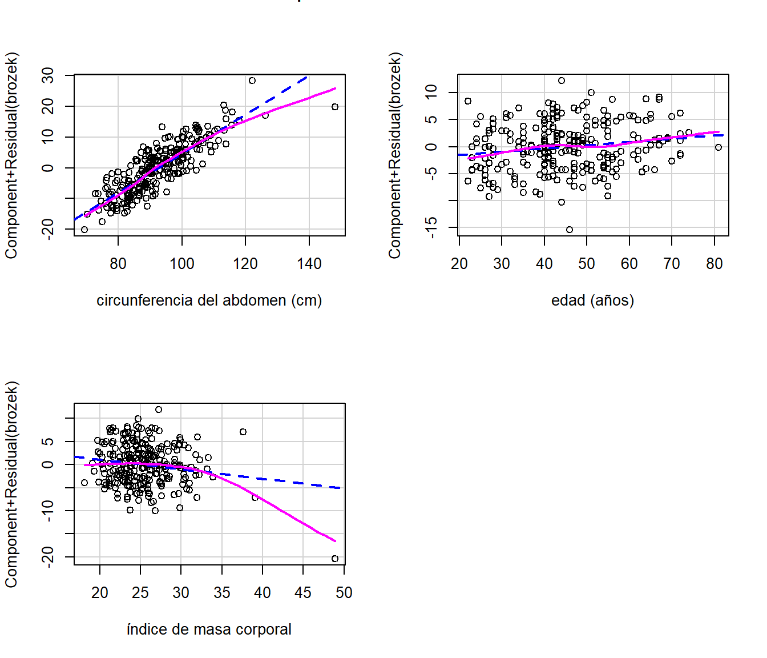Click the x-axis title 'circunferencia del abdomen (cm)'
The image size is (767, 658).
pos(209,300)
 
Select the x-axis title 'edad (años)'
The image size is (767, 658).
pos(592,300)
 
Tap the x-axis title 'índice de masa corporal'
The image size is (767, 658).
pos(209,629)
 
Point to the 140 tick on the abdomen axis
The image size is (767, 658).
pos(309,264)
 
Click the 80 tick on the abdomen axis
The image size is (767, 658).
pos(118,264)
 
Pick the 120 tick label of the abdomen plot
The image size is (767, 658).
pos(245,264)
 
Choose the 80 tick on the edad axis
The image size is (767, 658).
pos(714,264)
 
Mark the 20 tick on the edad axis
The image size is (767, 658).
pos(459,264)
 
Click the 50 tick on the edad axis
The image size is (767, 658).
pos(587,264)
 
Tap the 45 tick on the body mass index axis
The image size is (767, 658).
pos(303,593)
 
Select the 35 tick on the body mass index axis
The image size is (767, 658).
pos(222,593)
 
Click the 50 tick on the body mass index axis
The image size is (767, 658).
pos(344,593)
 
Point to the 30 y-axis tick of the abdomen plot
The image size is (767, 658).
pos(48,75)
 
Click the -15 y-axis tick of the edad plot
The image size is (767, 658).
pos(431,227)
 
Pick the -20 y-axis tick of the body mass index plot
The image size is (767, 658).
pos(48,556)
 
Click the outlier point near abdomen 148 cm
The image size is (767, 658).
pos(335,107)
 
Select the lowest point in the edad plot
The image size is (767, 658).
pos(570,230)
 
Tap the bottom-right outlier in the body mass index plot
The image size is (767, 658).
pos(335,559)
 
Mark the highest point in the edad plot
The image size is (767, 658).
pos(562,81)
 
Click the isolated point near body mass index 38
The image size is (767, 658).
pos(243,432)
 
